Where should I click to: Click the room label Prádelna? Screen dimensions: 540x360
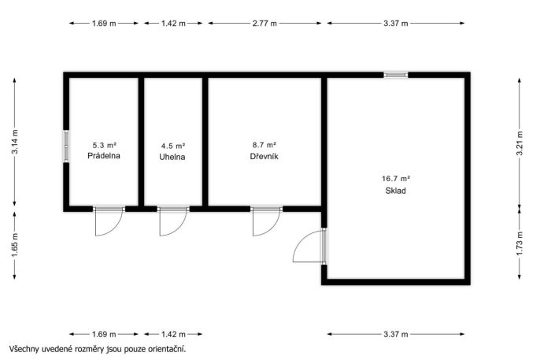point(104,156)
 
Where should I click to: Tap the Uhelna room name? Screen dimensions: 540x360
point(172,157)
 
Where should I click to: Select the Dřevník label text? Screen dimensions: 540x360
point(264,157)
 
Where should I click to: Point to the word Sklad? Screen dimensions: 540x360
point(395,191)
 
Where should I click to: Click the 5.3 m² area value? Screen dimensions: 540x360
point(104,145)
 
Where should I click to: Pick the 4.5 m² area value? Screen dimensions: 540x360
point(173,146)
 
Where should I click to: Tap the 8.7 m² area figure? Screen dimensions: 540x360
point(264,145)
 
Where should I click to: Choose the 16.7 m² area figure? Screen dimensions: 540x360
point(396,179)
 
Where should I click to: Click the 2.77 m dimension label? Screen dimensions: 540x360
point(264,24)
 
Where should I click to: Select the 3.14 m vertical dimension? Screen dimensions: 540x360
point(14,142)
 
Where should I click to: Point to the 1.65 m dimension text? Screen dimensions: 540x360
point(14,245)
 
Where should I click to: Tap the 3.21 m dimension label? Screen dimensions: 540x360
point(520,143)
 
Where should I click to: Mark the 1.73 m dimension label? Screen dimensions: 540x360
point(520,243)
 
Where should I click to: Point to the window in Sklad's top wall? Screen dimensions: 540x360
point(396,75)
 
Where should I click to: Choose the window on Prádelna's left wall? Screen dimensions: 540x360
point(66,146)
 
